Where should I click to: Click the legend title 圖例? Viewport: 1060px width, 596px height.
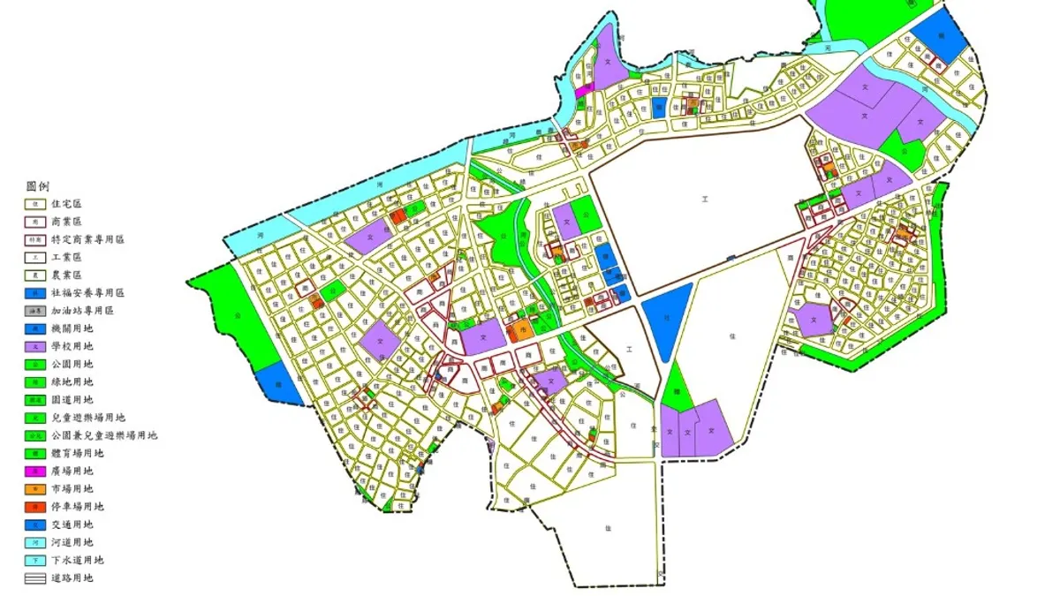tap(38, 186)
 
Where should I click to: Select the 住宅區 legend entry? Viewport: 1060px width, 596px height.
tap(66, 204)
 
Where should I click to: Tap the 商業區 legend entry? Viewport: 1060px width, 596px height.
tap(66, 222)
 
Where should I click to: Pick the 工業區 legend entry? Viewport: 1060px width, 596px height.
tap(66, 257)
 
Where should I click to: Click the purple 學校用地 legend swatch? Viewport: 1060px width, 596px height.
tap(34, 346)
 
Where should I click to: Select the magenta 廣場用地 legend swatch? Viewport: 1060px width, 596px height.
tap(34, 471)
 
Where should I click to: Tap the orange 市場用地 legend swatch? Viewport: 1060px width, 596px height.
tap(34, 488)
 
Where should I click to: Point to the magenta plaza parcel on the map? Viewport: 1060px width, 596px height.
tap(583, 90)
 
